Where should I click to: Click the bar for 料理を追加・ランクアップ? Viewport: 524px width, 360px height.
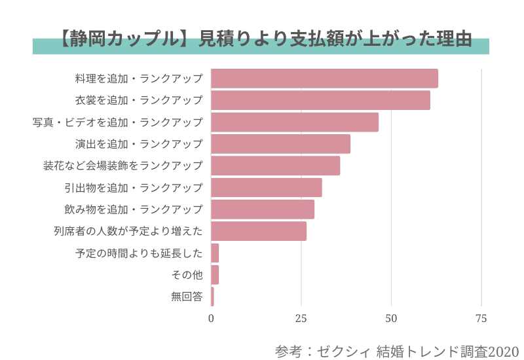[324, 79]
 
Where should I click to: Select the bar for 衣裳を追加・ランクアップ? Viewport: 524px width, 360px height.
[320, 100]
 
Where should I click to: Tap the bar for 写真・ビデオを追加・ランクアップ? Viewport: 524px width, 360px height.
[295, 122]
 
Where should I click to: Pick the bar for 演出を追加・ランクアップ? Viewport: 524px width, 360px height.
[280, 144]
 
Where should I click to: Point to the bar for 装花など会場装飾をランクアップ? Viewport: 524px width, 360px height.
[275, 166]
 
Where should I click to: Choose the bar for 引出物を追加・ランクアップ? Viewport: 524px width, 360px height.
[267, 188]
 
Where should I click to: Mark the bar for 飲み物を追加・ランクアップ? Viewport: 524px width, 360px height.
[263, 209]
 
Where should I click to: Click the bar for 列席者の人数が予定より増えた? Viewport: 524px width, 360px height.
[259, 231]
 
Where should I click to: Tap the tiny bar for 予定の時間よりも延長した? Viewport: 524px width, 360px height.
[215, 253]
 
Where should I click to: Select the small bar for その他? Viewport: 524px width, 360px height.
[215, 275]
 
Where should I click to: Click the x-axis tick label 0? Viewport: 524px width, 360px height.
[211, 319]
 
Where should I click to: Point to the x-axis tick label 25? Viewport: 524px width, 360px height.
[301, 319]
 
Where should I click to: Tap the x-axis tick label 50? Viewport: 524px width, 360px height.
[391, 319]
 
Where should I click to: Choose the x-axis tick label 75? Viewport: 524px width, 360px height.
[481, 319]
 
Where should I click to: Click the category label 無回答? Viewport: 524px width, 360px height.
[187, 297]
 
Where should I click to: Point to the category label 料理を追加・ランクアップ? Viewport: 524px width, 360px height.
[139, 79]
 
